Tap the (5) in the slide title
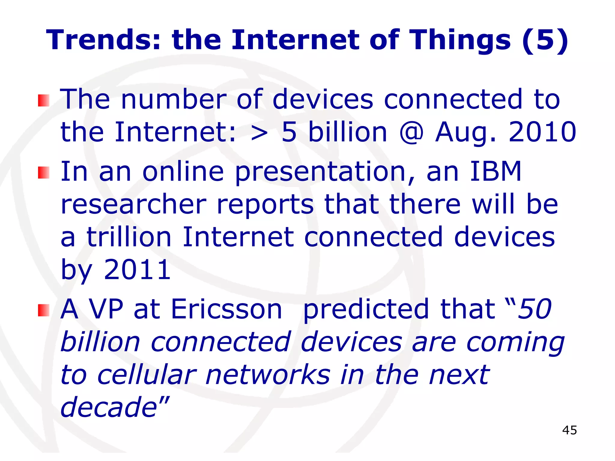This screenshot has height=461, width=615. click(545, 41)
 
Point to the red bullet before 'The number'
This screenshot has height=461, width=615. click(44, 100)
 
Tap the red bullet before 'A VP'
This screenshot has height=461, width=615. click(44, 310)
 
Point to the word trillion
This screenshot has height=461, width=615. click(129, 237)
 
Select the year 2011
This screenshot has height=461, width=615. click(137, 270)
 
